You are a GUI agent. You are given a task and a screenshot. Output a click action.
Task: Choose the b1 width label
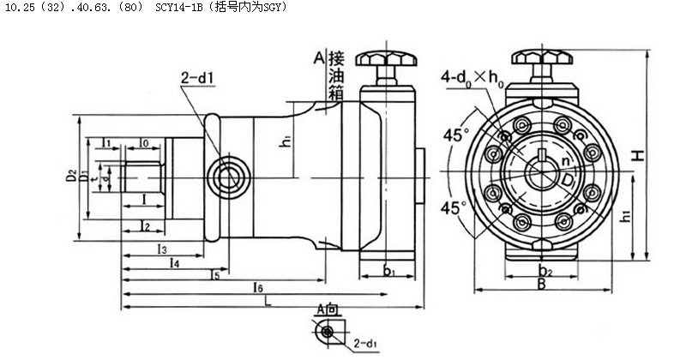[x=388, y=271]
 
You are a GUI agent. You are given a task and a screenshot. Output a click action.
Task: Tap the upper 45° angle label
[x=455, y=135]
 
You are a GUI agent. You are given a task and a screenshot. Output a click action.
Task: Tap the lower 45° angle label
[x=454, y=207]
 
